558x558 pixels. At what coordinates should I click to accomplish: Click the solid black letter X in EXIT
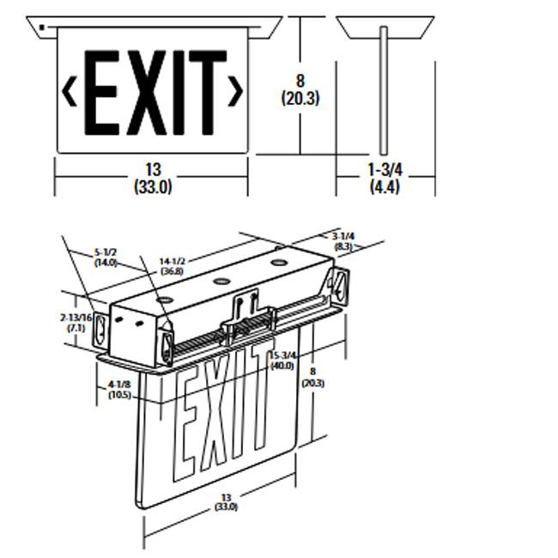coord(148,94)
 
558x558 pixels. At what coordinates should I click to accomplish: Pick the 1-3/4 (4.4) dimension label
coord(384,178)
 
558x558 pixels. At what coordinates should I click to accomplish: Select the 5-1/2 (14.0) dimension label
coord(106,258)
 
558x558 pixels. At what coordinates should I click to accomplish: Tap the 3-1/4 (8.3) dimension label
coord(343,240)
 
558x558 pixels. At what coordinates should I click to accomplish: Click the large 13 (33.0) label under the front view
coord(153,178)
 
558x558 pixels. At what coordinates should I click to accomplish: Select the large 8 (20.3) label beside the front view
coord(300,89)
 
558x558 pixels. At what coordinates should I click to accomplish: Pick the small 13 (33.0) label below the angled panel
coord(227,502)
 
